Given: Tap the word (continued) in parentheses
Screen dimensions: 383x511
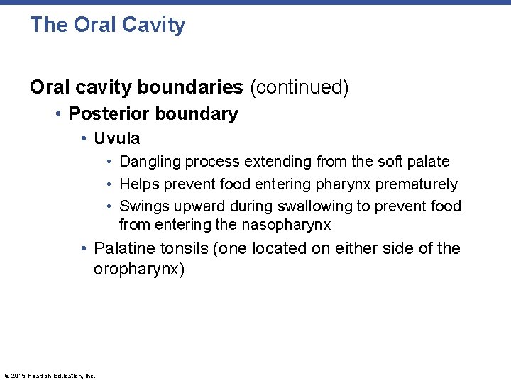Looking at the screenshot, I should (299, 87).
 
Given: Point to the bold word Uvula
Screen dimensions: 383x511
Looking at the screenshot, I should (117, 138).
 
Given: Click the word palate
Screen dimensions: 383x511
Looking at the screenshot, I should (428, 162).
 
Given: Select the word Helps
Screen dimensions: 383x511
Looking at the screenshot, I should (139, 184).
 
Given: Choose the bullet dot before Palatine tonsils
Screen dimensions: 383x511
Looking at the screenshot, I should (84, 249).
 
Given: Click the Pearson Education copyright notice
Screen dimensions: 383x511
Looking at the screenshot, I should (50, 376).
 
